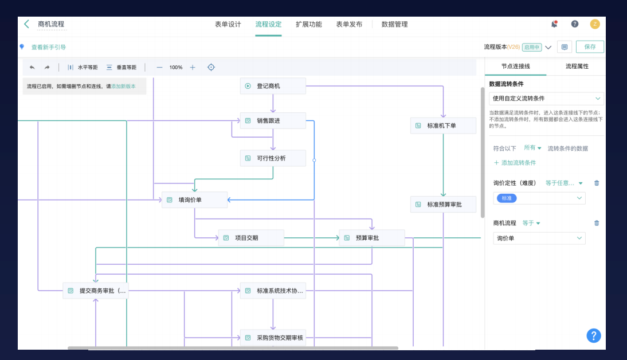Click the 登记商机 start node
[273, 86]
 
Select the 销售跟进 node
[273, 120]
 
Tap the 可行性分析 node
[273, 158]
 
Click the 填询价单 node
[194, 200]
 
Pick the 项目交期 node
[251, 238]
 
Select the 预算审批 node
[371, 238]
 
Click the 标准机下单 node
[443, 126]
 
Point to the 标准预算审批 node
[443, 204]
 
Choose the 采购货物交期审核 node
[273, 338]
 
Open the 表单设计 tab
[228, 24]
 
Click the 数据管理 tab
[394, 24]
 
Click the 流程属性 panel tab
[577, 66]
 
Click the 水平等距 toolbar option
[83, 68]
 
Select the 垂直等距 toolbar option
[122, 68]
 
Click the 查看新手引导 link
[48, 47]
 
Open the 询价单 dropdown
[539, 238]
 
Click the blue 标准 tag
[507, 198]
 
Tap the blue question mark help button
[594, 335]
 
